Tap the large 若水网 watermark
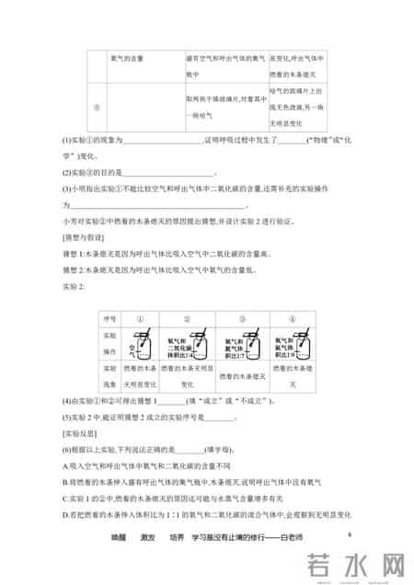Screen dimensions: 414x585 [x=351, y=564]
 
